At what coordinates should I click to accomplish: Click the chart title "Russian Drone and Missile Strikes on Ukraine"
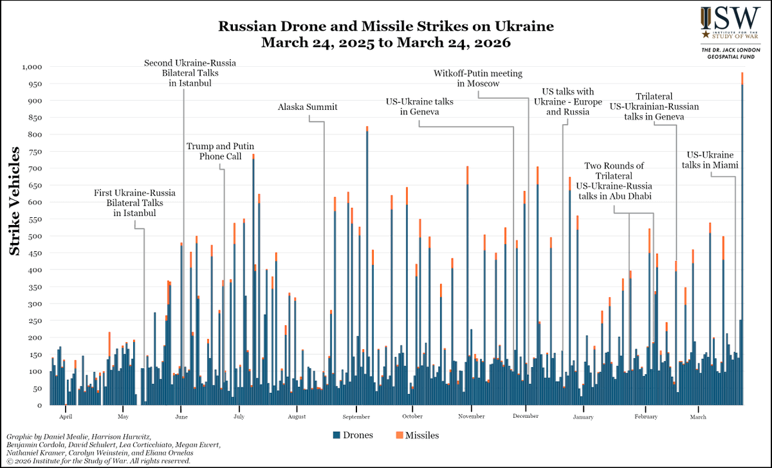click(x=386, y=27)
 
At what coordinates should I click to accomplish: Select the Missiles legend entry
click(x=417, y=435)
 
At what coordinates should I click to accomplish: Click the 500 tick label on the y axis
click(x=34, y=236)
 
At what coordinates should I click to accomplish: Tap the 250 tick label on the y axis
click(x=34, y=321)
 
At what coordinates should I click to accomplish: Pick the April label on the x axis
click(x=63, y=417)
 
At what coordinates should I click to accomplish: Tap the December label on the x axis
click(x=526, y=417)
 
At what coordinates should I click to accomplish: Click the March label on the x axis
click(x=698, y=417)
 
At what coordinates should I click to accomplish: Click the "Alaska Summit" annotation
click(x=308, y=107)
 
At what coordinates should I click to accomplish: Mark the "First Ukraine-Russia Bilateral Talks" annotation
click(x=135, y=203)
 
